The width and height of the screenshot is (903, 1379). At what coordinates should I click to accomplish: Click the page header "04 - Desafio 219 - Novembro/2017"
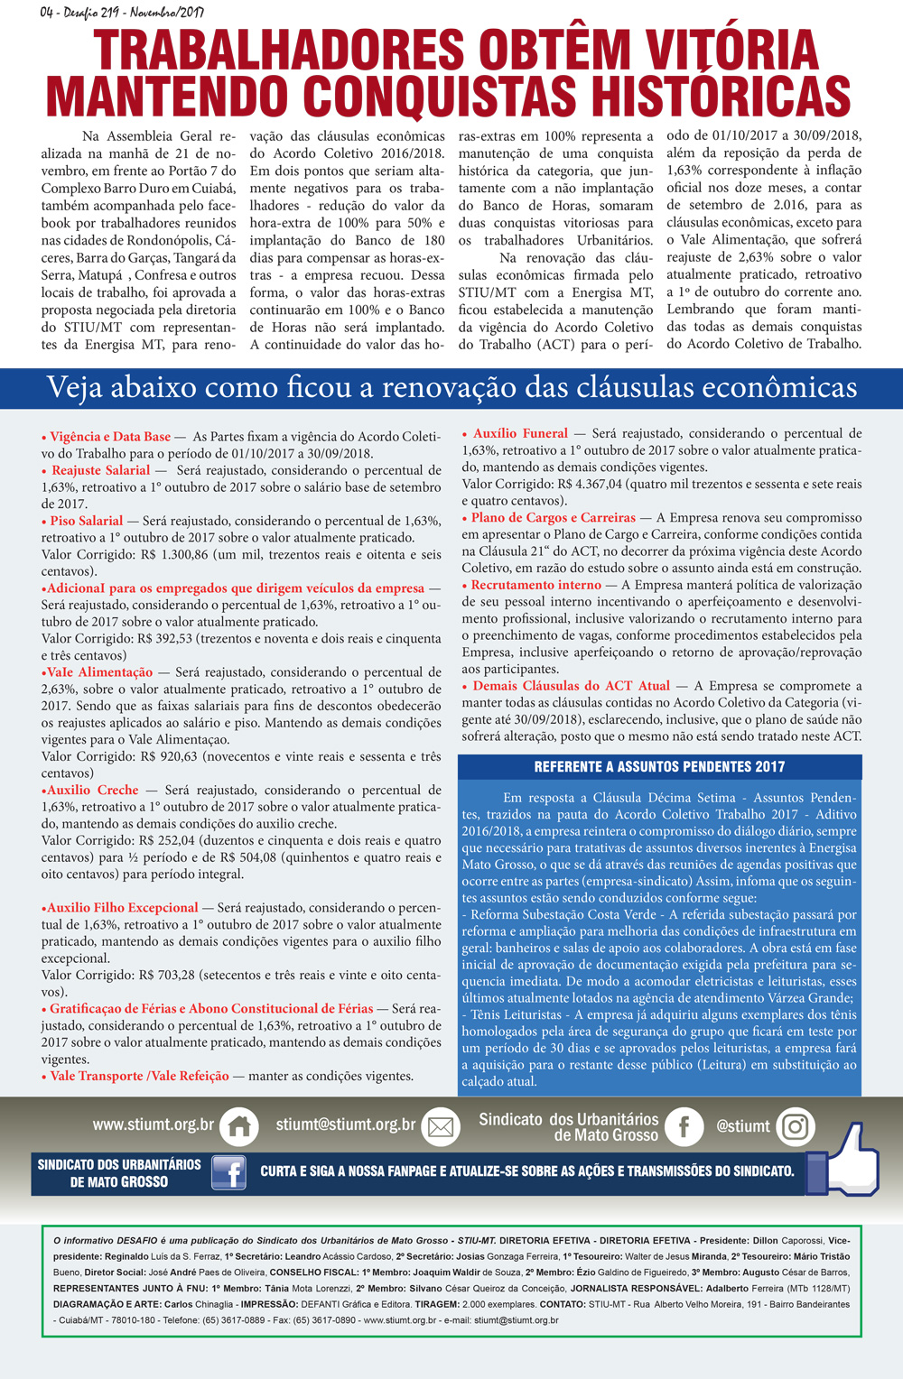[x=122, y=13]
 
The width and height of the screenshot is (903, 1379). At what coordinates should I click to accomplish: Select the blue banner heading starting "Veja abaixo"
[x=451, y=387]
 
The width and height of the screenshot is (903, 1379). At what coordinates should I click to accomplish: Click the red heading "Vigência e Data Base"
[x=109, y=437]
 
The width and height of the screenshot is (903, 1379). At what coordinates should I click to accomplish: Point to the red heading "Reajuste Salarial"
[x=100, y=470]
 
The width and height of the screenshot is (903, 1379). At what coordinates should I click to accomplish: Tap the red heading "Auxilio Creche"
[x=92, y=790]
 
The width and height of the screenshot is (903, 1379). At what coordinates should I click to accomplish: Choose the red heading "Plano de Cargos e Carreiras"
[x=553, y=518]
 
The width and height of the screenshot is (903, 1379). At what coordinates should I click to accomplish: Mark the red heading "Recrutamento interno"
[x=535, y=585]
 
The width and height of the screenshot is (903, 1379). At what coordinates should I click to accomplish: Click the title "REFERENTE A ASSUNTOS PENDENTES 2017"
[x=659, y=767]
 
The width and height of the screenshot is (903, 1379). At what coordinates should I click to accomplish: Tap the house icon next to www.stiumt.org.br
[x=239, y=1125]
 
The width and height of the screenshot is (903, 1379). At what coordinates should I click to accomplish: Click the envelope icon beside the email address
[x=441, y=1126]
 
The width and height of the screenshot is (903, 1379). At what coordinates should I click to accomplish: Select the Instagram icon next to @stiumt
[x=795, y=1126]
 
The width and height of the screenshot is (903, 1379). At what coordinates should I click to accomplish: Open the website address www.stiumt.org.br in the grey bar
[x=153, y=1124]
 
